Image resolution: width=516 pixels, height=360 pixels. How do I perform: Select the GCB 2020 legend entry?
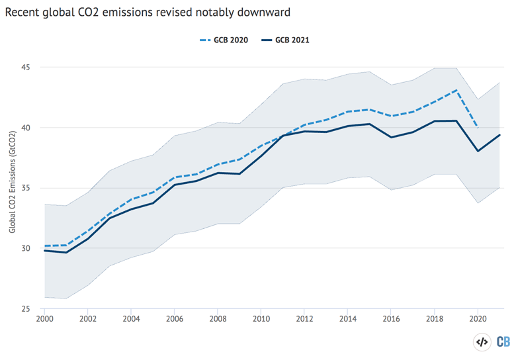click(x=224, y=40)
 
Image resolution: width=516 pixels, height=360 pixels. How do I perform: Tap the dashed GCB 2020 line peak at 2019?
click(x=456, y=90)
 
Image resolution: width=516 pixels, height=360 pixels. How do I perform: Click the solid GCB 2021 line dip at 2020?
click(x=478, y=151)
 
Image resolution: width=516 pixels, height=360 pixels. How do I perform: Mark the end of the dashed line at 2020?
click(x=478, y=127)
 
